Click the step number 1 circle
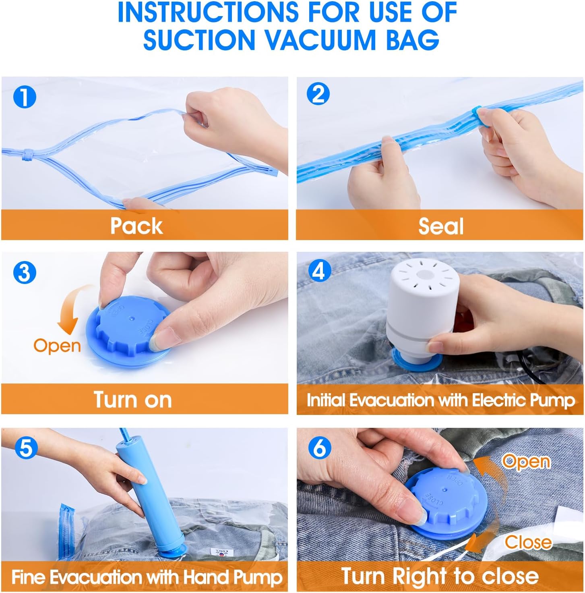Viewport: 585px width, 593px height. [x=25, y=97]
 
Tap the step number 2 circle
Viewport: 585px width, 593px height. [x=318, y=94]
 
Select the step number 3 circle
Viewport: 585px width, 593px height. [x=25, y=273]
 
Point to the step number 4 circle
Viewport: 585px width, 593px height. [x=319, y=271]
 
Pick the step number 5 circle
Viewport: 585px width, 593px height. [x=26, y=448]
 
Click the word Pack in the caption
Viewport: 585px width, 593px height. [x=136, y=226]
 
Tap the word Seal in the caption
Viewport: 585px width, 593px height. [x=441, y=226]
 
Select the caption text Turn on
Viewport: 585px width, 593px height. [x=133, y=400]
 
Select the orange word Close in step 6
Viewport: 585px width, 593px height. [x=528, y=542]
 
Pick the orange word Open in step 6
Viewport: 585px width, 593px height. [x=525, y=461]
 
